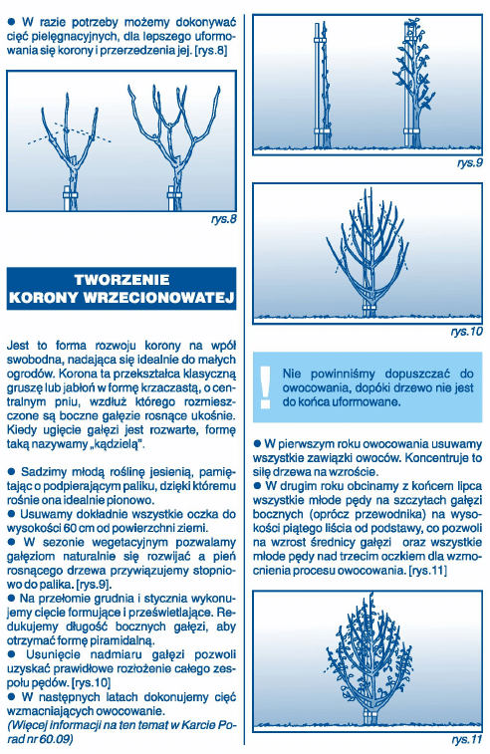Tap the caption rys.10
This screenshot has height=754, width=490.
point(465,330)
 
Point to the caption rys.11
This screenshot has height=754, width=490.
point(465,741)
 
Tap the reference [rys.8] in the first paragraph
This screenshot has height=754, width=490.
point(216,48)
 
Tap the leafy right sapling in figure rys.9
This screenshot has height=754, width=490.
point(416,85)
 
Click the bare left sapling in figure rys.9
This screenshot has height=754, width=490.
point(323,85)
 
